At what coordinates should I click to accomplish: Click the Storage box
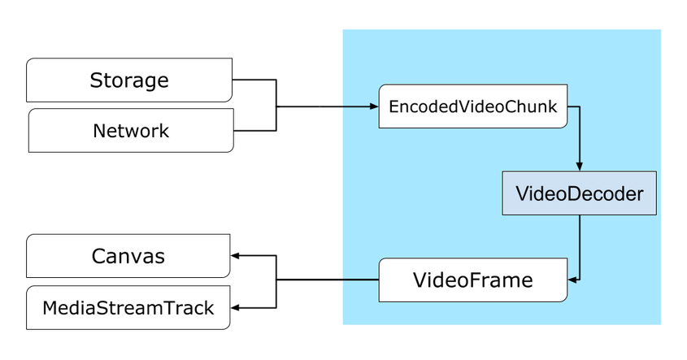[x=129, y=80]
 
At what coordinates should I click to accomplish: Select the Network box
[x=131, y=131]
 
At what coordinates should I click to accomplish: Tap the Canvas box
[x=128, y=257]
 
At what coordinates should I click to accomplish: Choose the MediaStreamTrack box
[x=128, y=308]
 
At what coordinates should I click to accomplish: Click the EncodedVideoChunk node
[x=473, y=106]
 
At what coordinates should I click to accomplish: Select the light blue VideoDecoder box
[x=579, y=193]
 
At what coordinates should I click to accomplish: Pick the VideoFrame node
[x=472, y=280]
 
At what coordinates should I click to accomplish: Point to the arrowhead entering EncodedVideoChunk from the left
[x=374, y=106]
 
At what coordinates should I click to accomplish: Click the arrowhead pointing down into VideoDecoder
[x=579, y=167]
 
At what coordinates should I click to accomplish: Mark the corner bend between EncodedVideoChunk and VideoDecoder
[x=579, y=106]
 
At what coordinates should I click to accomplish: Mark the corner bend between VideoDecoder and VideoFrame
[x=579, y=280]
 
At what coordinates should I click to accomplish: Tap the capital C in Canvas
[x=98, y=257]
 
